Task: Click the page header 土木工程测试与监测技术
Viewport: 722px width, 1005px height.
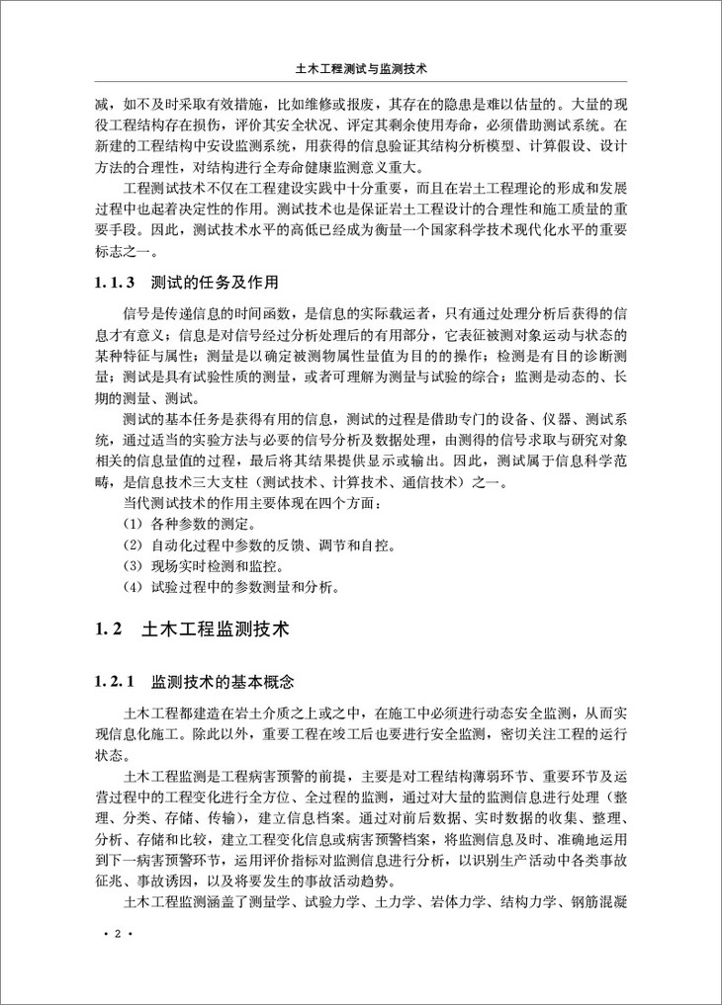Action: tap(360, 71)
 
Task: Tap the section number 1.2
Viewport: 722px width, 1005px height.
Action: tap(107, 628)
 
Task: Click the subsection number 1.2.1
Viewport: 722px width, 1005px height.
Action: tap(115, 683)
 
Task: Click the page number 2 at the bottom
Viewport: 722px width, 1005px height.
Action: tap(117, 934)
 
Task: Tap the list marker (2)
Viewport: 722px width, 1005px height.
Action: tap(134, 546)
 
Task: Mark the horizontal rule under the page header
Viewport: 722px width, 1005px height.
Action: tap(360, 83)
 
